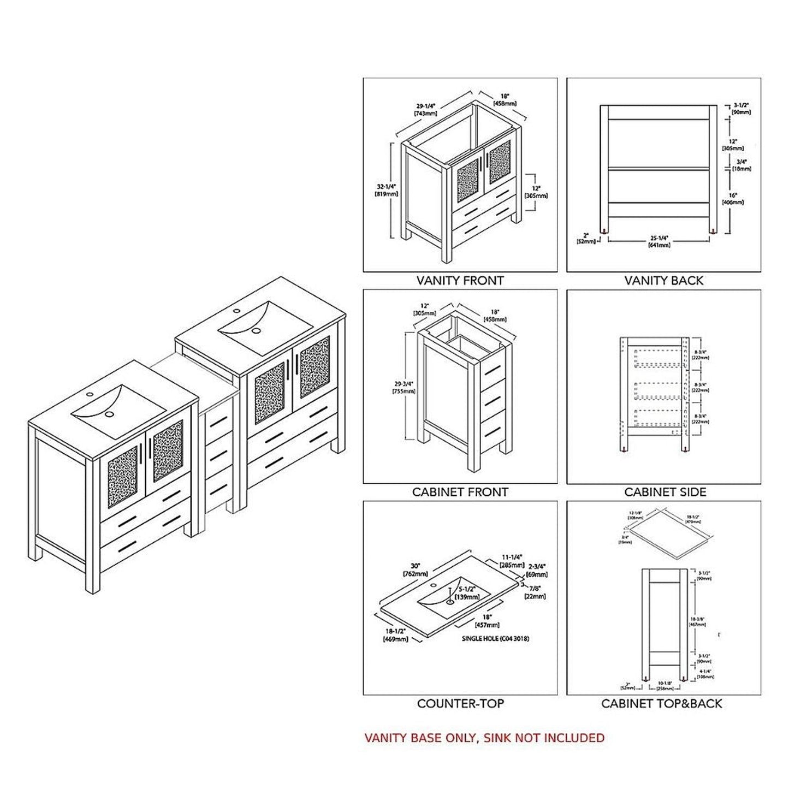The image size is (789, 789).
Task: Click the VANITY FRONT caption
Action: pos(460,281)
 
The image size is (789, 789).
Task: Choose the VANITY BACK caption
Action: pos(663,281)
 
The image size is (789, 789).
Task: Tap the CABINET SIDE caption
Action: pos(665,492)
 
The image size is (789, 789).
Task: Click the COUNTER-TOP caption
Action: pos(461,703)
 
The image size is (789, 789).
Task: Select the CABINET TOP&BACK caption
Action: pos(661,703)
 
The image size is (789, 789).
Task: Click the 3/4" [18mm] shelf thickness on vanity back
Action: pos(741,165)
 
